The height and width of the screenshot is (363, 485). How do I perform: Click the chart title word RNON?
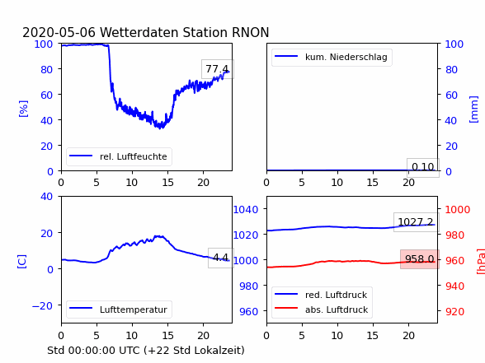250,32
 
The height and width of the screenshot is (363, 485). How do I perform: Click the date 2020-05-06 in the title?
59,32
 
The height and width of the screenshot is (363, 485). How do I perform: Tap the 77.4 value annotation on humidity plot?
218,69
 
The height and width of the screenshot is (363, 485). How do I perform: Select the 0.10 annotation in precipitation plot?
423,167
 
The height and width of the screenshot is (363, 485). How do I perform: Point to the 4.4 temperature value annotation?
221,258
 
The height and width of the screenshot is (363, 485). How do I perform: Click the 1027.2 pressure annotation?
416,222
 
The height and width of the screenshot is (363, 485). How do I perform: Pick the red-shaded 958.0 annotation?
420,259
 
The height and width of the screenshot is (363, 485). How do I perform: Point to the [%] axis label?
23,109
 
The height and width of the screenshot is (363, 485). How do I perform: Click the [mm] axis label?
473,109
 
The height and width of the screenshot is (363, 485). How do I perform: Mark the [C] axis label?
21,262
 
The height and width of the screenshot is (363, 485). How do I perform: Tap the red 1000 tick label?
458,210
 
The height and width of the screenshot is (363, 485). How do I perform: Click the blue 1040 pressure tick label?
246,210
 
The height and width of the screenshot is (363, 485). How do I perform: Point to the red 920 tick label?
454,311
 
